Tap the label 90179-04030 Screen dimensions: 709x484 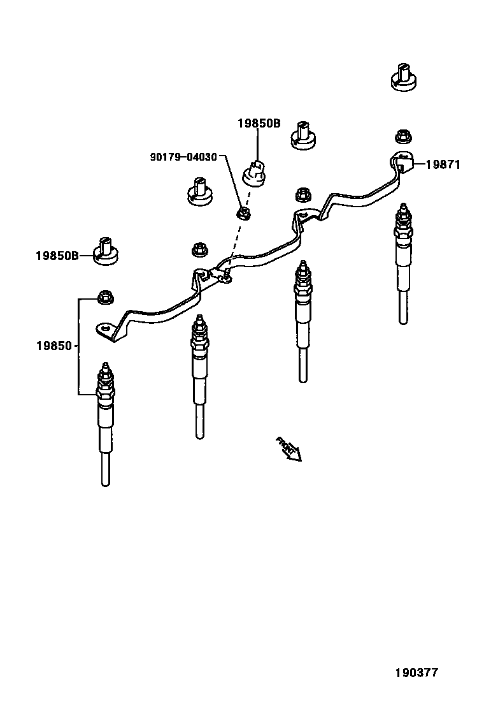183,156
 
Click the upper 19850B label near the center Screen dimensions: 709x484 259,124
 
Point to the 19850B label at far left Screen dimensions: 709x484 57,256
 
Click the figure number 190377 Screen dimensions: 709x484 416,672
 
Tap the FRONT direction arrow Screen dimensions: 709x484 288,448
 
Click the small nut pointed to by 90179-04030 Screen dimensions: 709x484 242,212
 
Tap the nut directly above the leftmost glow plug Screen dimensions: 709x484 104,296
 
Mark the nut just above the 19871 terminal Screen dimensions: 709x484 402,136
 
